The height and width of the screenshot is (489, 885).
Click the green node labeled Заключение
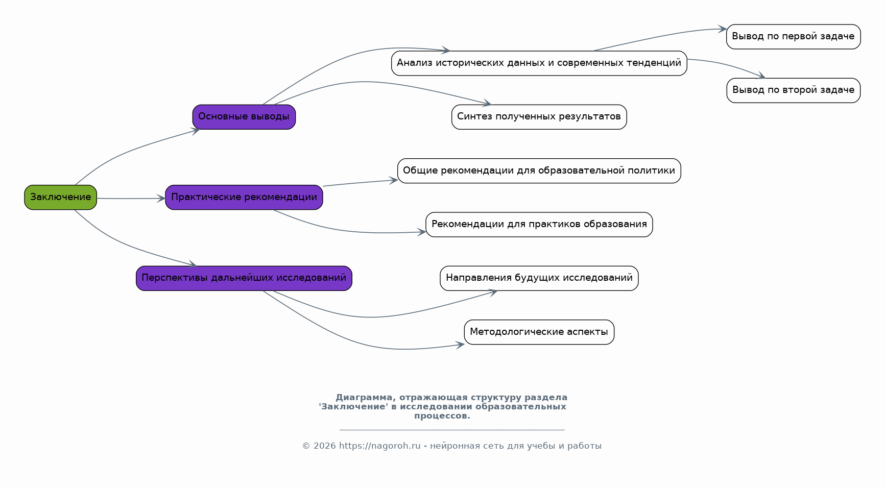click(60, 198)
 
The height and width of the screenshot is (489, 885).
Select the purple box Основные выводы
click(244, 117)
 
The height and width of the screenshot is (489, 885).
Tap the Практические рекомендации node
click(244, 198)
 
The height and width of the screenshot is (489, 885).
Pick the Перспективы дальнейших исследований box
click(244, 278)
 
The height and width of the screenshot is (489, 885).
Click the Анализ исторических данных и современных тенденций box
click(539, 63)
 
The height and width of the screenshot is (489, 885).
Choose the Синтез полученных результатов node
click(539, 117)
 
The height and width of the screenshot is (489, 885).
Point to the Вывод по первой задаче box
click(794, 37)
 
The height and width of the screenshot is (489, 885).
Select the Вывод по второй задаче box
click(794, 90)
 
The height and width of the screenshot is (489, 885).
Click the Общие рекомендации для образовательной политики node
click(539, 171)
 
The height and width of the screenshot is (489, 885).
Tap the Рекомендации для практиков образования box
click(539, 225)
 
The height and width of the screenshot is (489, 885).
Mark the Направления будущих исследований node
click(539, 278)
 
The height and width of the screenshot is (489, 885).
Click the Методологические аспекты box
click(539, 332)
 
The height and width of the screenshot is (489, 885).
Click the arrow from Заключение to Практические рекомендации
click(131, 199)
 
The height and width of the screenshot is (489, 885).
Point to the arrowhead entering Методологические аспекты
click(460, 345)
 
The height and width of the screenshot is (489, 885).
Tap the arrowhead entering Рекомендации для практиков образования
click(421, 232)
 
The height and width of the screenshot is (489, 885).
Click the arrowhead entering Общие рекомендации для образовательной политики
click(393, 180)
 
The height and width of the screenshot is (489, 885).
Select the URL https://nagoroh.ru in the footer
click(380, 446)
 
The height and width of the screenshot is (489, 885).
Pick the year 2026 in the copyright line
click(325, 446)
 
